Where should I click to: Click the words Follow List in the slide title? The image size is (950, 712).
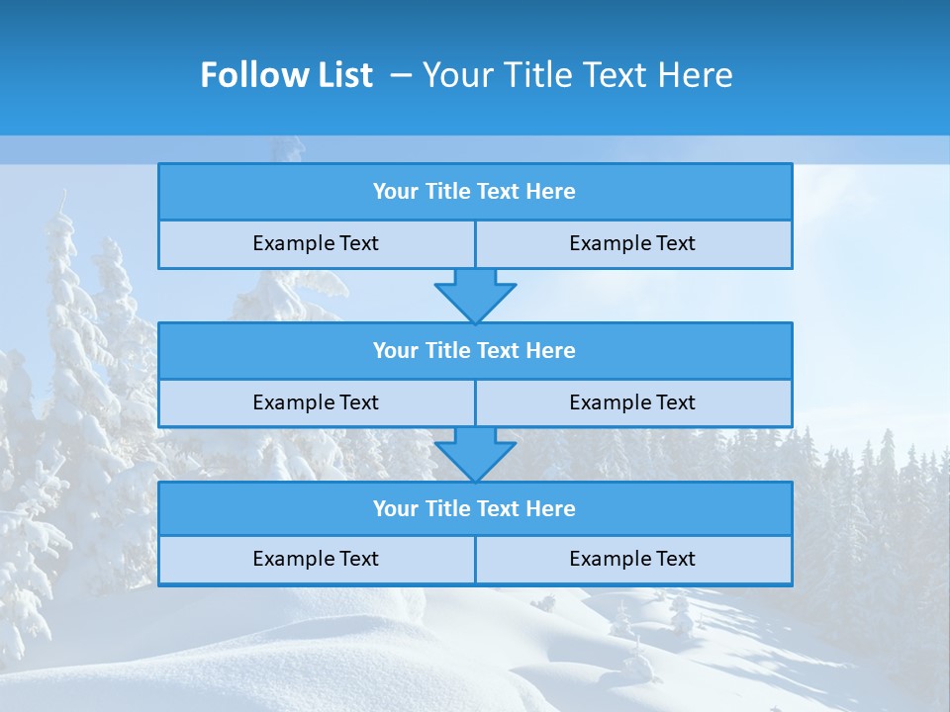[x=286, y=75]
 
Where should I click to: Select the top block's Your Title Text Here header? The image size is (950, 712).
[x=474, y=192]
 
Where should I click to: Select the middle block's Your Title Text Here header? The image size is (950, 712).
[x=474, y=350]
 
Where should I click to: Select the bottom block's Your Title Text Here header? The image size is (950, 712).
[x=474, y=508]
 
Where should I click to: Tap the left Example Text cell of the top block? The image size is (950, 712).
[x=316, y=243]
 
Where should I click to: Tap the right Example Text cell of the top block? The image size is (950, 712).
[x=632, y=243]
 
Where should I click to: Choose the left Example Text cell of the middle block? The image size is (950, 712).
[x=316, y=402]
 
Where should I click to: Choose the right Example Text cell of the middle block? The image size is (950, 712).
[x=632, y=402]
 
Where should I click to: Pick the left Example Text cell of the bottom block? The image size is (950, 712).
[x=316, y=559]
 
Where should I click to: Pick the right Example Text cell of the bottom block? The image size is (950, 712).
[x=632, y=559]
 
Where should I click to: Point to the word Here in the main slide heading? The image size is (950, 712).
[x=697, y=75]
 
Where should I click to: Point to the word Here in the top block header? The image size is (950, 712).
[x=550, y=192]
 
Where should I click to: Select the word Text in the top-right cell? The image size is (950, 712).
[x=676, y=243]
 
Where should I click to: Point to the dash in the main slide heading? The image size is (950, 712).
[x=401, y=75]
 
